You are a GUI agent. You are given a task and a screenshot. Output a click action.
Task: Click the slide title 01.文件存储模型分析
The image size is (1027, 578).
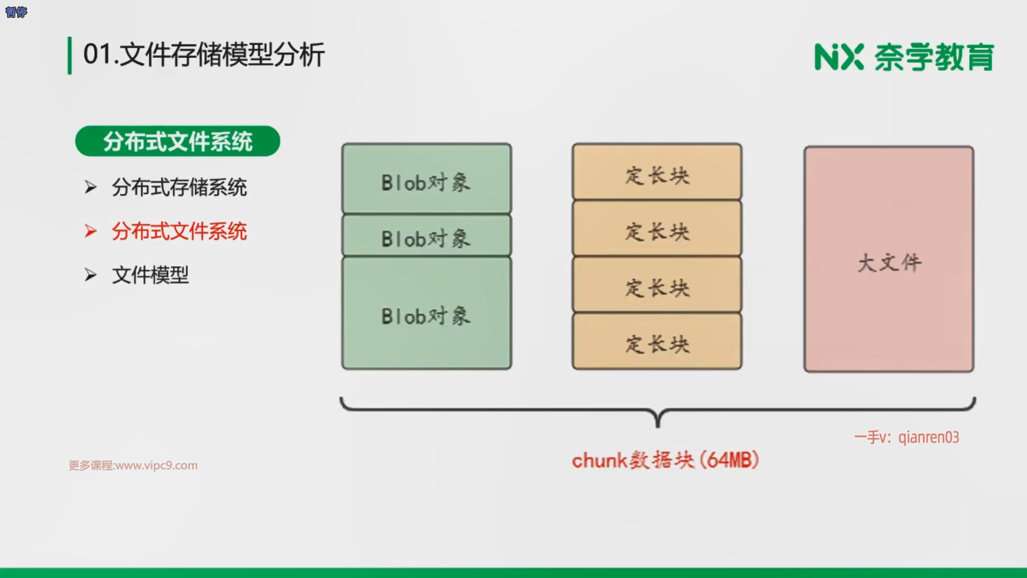click(x=204, y=55)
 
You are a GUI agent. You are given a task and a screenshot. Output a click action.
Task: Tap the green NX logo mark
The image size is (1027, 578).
click(x=839, y=57)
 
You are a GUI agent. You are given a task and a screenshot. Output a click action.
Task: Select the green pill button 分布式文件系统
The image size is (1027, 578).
click(x=178, y=141)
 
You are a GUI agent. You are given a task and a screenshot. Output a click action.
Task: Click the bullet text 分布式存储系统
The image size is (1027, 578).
click(x=179, y=187)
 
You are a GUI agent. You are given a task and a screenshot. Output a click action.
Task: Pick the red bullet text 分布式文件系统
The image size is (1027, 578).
click(x=179, y=232)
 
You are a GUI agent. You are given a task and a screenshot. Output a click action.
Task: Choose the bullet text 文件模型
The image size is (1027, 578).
click(x=150, y=276)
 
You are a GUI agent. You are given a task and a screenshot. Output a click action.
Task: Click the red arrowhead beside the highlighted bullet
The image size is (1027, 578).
click(x=90, y=231)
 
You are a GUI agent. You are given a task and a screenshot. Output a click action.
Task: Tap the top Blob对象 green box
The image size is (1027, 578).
click(x=426, y=179)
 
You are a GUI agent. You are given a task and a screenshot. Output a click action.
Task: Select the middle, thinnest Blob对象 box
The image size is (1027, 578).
click(x=426, y=236)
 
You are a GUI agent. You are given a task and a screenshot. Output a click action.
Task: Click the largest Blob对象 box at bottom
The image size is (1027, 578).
click(x=426, y=314)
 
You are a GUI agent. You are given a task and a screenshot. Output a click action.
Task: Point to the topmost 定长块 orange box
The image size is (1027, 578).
click(x=657, y=172)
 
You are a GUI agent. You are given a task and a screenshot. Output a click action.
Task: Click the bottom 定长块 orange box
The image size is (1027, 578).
click(x=657, y=342)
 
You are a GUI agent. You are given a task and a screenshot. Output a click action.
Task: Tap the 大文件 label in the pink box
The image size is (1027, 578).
click(x=890, y=263)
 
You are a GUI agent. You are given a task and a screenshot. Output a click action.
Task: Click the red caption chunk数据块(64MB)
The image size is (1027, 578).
click(x=665, y=460)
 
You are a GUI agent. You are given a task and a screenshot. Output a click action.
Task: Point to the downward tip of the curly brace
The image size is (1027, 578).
click(x=658, y=425)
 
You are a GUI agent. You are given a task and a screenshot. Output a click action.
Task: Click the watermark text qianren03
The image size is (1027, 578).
click(x=929, y=437)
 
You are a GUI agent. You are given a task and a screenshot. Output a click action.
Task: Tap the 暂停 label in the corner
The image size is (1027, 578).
click(x=16, y=12)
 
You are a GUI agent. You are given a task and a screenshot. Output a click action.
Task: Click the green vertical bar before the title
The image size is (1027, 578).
click(x=70, y=56)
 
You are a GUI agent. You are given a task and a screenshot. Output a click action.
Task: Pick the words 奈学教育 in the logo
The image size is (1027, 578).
click(x=934, y=57)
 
